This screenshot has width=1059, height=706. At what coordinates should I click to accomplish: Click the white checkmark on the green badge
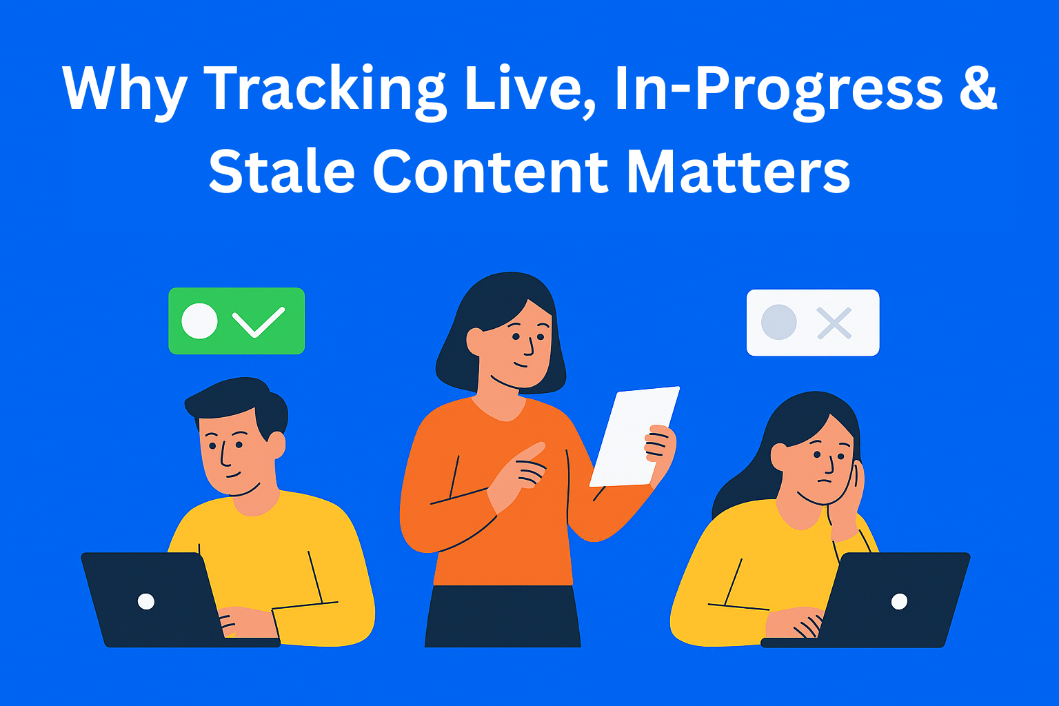tap(258, 321)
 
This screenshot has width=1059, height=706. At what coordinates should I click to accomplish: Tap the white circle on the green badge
tap(199, 321)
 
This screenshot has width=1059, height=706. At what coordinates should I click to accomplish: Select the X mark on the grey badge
tap(834, 323)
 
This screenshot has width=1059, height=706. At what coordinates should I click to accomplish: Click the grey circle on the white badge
tap(779, 322)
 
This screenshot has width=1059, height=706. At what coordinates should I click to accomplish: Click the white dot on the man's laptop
tap(146, 601)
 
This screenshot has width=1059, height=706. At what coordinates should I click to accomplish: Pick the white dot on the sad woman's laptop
tap(899, 601)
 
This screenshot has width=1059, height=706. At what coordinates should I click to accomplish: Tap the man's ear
tap(276, 445)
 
